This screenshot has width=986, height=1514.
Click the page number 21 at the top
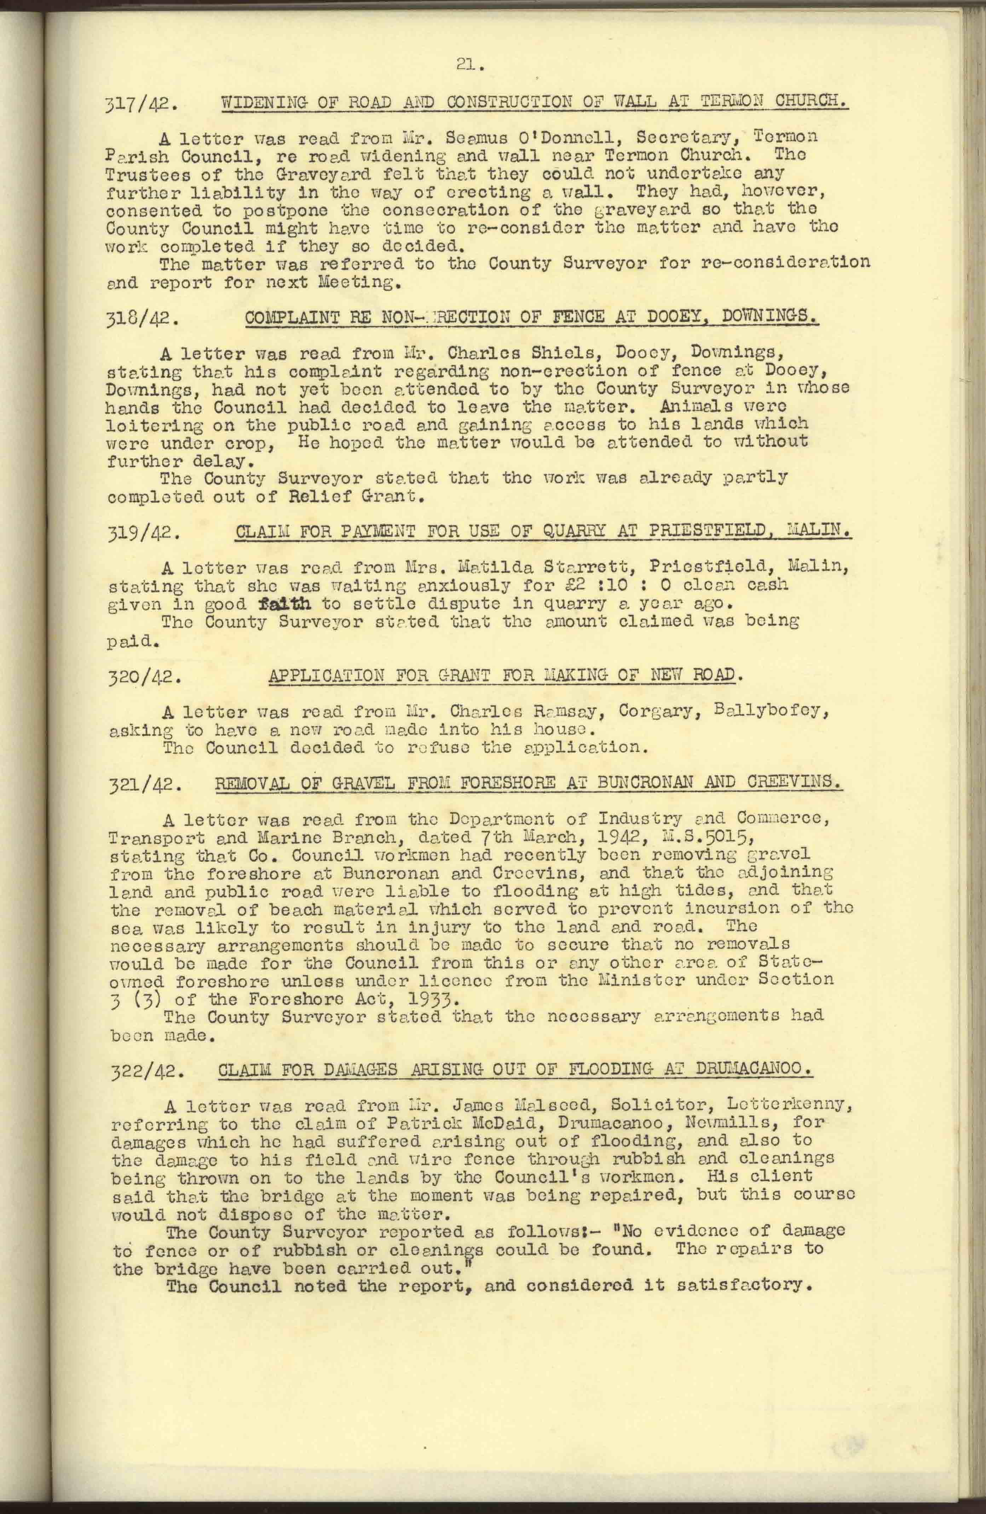coord(471,64)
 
